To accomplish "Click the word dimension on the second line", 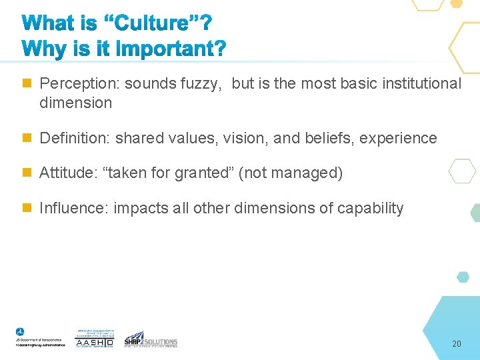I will click(75, 103).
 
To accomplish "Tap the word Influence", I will click(73, 209).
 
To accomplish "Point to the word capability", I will click(370, 209).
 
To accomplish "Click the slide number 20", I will click(456, 344).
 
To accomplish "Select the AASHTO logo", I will click(95, 339).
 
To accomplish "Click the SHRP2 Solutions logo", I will click(151, 339).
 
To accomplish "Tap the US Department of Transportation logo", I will click(40, 337).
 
